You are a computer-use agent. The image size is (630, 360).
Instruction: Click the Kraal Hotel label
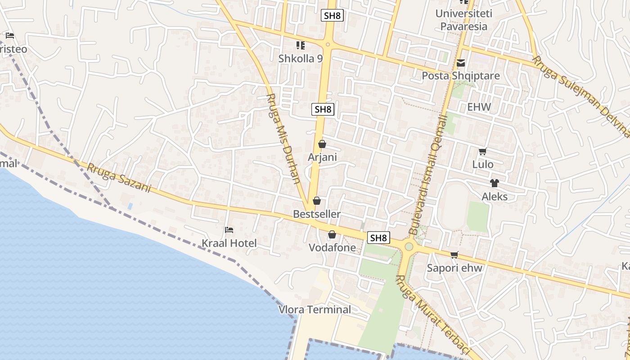[x=229, y=243]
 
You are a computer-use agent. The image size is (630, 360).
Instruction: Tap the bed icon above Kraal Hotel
[x=229, y=230]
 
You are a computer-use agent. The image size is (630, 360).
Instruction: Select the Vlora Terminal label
[x=315, y=310]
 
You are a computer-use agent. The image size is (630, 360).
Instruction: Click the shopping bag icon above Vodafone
[x=332, y=234]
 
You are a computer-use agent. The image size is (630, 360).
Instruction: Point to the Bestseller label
[x=317, y=214]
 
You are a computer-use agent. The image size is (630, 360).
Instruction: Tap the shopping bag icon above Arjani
[x=322, y=144]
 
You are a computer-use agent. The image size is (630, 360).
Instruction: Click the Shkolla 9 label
[x=301, y=58]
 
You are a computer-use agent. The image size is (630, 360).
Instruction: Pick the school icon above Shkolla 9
[x=300, y=45]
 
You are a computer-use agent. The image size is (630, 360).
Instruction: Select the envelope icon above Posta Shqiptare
[x=460, y=63]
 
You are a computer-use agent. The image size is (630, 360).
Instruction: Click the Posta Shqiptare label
[x=460, y=76]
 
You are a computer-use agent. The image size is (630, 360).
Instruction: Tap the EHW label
[x=479, y=107]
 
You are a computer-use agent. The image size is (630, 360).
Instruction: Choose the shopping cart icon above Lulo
[x=482, y=152]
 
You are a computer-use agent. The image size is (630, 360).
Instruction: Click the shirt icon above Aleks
[x=495, y=183]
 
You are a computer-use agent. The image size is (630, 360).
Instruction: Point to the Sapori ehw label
[x=454, y=268]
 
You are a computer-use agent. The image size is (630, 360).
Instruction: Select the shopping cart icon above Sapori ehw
[x=454, y=255]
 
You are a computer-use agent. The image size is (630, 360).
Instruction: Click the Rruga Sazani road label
[x=118, y=178]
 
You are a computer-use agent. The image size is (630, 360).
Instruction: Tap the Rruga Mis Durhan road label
[x=283, y=139]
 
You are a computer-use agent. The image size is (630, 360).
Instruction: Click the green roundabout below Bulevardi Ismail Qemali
[x=409, y=247]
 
